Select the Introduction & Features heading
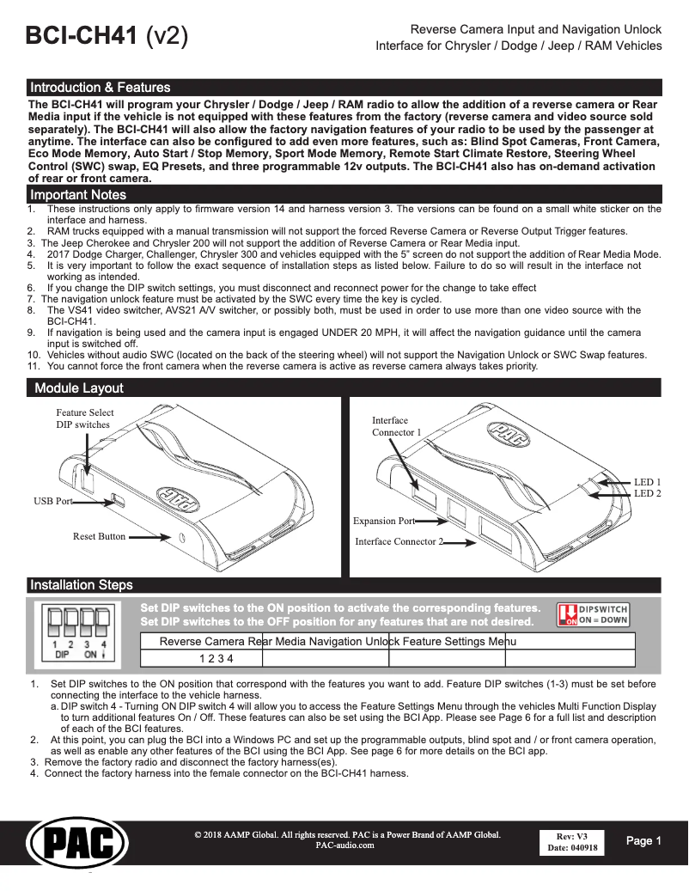tap(100, 88)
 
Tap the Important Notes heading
tap(77, 195)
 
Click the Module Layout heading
tap(78, 388)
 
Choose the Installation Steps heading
tap(81, 585)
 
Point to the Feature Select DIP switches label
tap(84, 418)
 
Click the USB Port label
tap(52, 501)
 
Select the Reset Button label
tap(99, 536)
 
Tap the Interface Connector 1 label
tap(396, 426)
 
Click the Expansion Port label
tap(384, 521)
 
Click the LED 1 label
tap(647, 482)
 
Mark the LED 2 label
tap(647, 493)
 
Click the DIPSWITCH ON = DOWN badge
tap(594, 614)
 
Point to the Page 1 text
tap(643, 841)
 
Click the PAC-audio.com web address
tap(345, 845)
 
